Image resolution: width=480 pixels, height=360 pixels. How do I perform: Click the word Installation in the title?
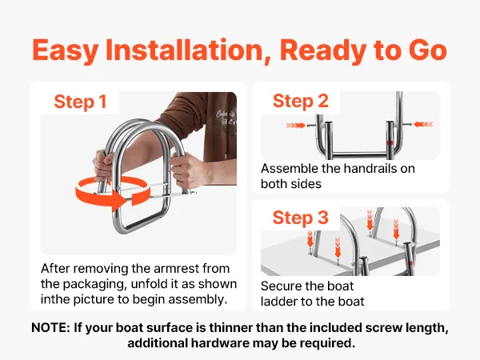point(184,50)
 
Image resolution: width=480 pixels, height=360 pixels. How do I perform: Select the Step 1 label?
point(80,102)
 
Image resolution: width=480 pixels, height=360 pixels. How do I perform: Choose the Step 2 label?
point(300,101)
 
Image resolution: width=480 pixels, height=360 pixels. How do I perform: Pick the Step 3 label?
point(300,218)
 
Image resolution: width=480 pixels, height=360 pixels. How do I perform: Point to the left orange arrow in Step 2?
point(296,126)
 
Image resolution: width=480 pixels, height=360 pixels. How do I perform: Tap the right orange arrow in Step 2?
point(423,124)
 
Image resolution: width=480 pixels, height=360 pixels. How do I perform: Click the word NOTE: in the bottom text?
point(51,328)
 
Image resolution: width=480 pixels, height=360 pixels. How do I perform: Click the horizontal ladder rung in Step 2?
point(359,154)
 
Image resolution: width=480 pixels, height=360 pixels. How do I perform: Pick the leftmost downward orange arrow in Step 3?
point(310,239)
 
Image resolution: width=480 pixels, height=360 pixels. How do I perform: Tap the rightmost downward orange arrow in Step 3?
point(396,230)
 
